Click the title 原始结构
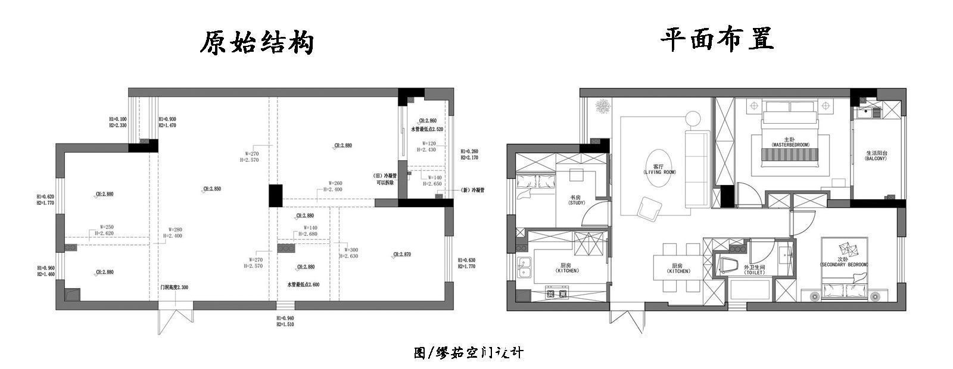pos(256,43)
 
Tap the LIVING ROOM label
pos(659,169)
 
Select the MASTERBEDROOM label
pos(789,142)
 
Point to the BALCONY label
pos(876,156)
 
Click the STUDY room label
pos(575,200)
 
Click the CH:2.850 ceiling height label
pos(212,189)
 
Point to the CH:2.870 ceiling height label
pos(401,255)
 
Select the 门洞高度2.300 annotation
pos(174,287)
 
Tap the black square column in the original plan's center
pos(275,195)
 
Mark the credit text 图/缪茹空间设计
pos(469,353)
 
